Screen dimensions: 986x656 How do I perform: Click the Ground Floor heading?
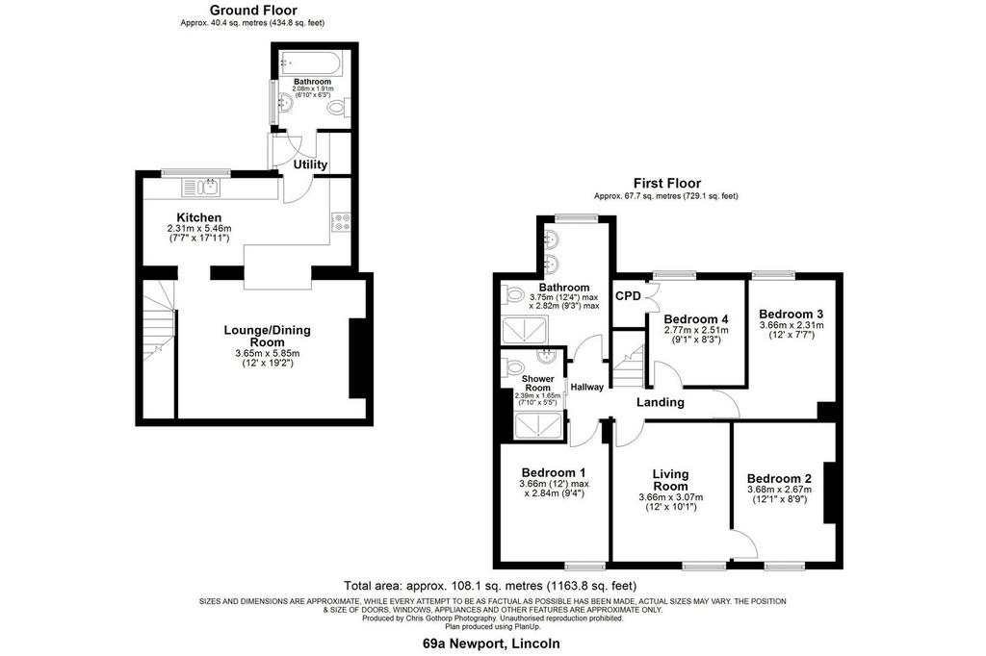(253, 10)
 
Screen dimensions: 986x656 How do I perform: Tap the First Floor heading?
(666, 184)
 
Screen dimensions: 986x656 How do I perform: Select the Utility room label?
(311, 164)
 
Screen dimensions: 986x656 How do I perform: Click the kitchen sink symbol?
(200, 187)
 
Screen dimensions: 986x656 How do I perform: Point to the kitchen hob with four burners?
(342, 221)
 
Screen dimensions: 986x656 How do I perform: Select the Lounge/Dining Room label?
(268, 336)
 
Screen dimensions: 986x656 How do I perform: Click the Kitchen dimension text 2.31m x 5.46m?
(199, 229)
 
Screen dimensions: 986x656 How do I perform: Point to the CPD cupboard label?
(628, 296)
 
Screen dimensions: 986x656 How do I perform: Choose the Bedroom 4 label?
(696, 318)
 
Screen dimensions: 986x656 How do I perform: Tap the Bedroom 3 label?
(791, 315)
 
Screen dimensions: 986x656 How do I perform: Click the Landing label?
(661, 402)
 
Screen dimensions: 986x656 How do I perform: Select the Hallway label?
(586, 387)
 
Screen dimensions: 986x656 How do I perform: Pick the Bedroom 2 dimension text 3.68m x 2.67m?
(779, 490)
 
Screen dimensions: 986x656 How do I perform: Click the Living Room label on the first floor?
(670, 480)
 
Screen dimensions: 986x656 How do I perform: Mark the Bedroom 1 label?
(554, 472)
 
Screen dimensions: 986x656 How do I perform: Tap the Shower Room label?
(537, 383)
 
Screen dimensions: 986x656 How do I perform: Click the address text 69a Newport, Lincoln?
(491, 643)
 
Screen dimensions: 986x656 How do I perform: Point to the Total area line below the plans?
(490, 586)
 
